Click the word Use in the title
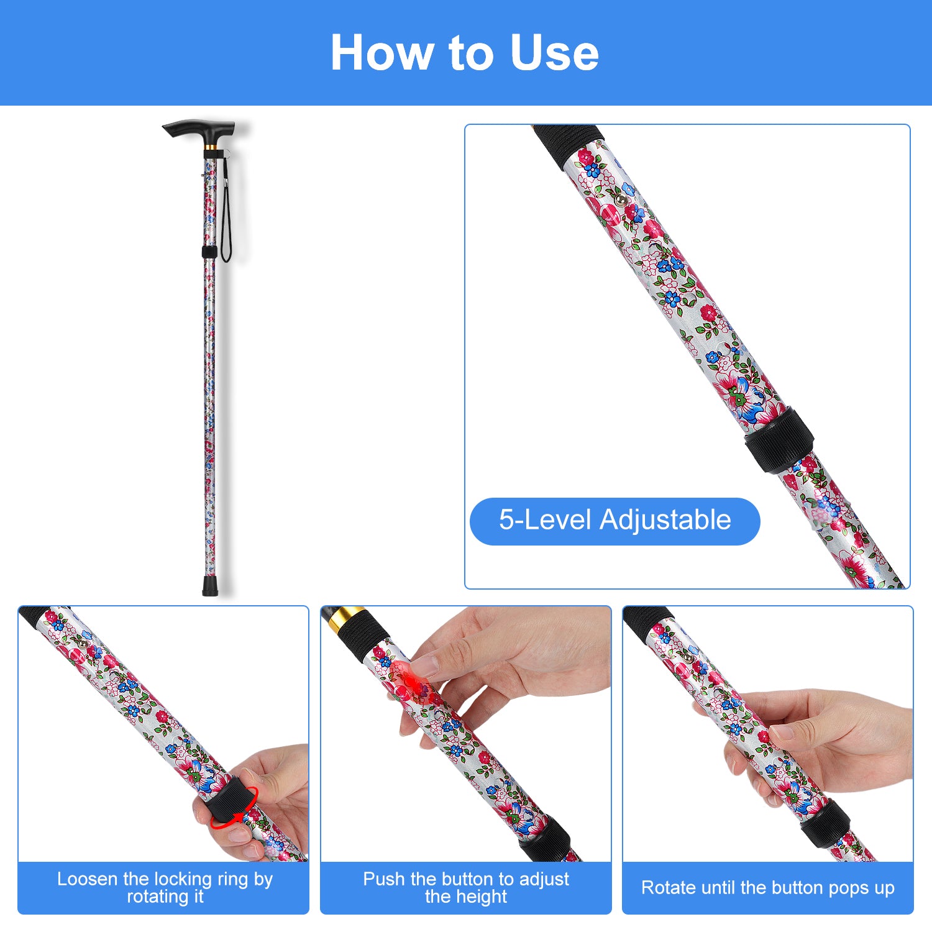point(554,53)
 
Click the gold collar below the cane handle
point(211,148)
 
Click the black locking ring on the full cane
point(209,252)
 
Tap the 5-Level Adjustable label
point(614,521)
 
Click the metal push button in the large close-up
point(621,200)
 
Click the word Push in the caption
point(383,879)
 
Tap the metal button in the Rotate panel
point(687,658)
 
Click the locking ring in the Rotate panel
point(825,824)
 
